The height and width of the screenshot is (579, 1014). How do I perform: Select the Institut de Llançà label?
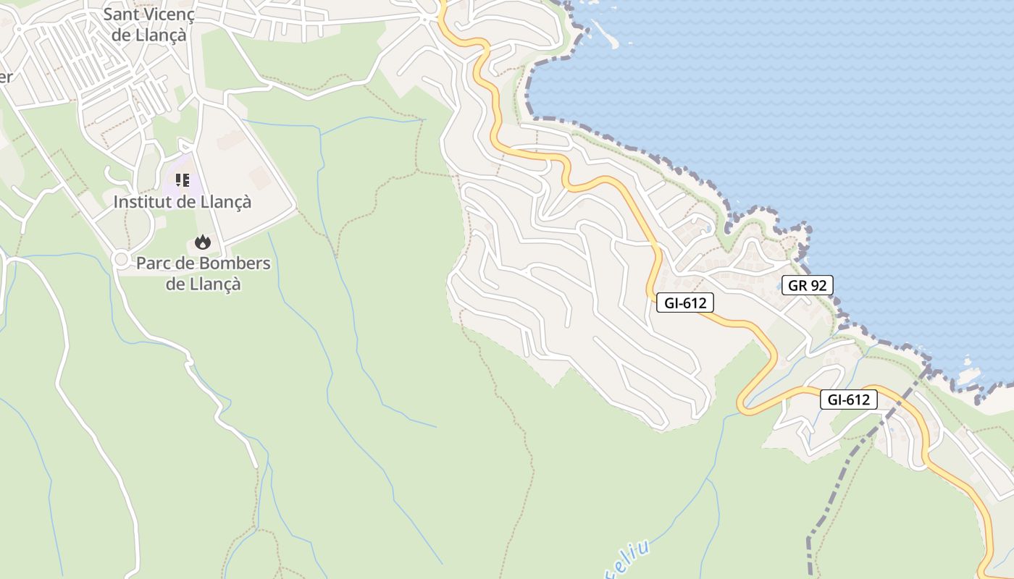[x=182, y=202]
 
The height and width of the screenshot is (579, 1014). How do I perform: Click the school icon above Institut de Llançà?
[x=183, y=179]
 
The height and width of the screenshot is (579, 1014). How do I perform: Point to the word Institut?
[x=144, y=202]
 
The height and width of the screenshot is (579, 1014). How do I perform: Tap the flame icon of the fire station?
[x=203, y=242]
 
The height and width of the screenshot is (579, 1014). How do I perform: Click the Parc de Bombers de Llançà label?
[x=203, y=273]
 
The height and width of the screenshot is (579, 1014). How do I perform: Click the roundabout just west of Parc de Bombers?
[x=121, y=258]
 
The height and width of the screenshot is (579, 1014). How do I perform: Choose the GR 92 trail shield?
[x=807, y=285]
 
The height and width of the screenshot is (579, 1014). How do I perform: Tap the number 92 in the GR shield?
[x=818, y=285]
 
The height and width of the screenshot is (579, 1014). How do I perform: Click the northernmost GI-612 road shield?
[x=684, y=303]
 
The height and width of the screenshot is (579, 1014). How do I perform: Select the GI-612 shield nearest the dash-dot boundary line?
[x=848, y=399]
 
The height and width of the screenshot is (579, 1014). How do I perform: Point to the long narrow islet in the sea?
[x=600, y=33]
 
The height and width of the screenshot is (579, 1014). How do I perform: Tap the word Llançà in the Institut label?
[x=225, y=202]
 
